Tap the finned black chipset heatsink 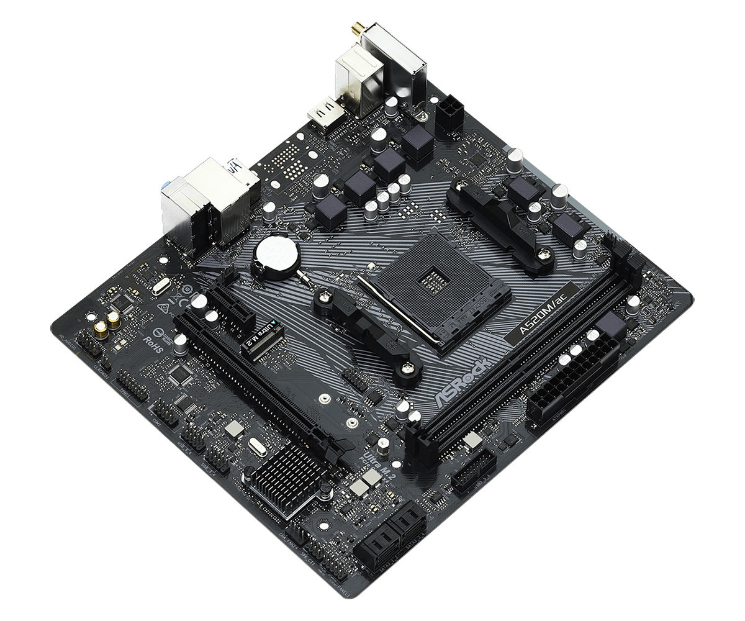click(x=291, y=476)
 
